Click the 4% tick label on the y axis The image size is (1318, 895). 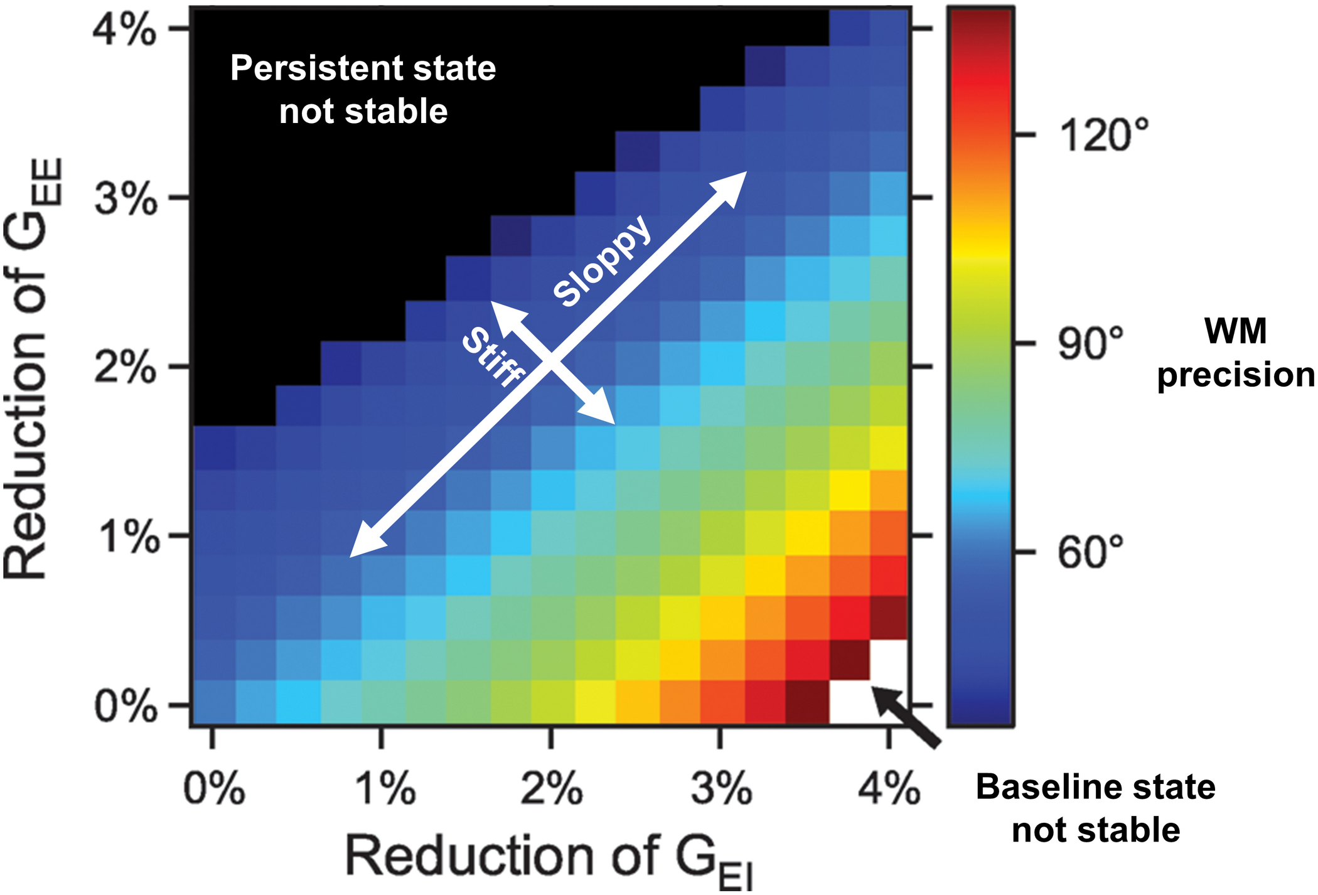(124, 30)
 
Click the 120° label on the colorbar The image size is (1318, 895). (1105, 135)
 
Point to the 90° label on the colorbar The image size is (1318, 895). (1092, 344)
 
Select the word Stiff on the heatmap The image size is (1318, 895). (493, 356)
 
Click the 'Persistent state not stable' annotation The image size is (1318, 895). (363, 89)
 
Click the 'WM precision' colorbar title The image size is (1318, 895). (1235, 353)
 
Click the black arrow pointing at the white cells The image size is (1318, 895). (907, 715)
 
